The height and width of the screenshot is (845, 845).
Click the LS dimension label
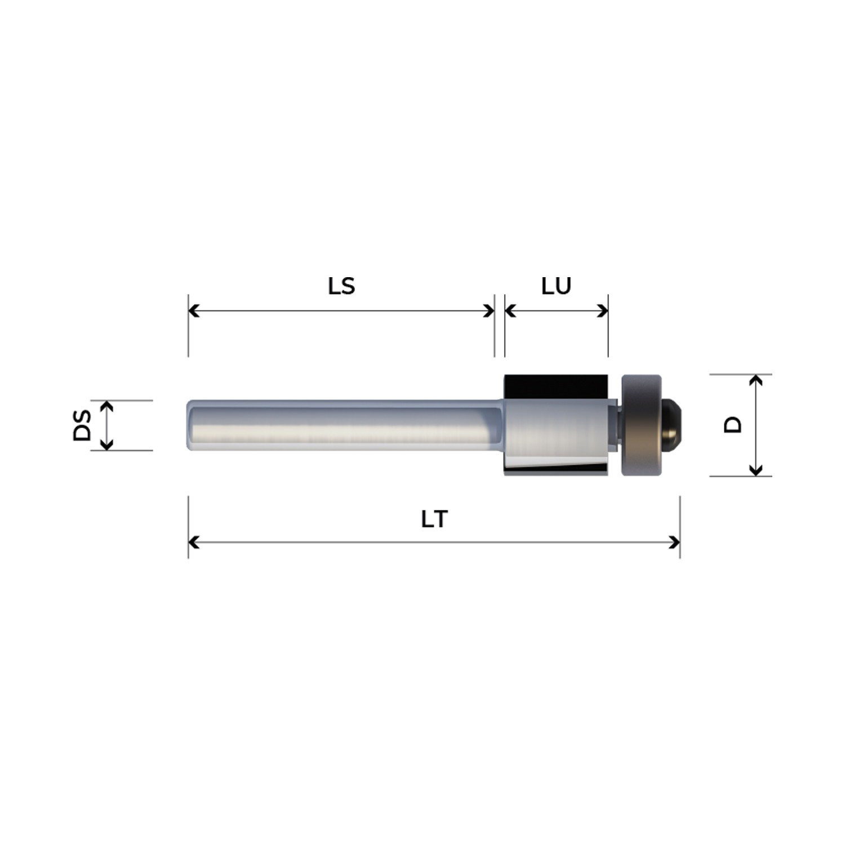tap(341, 286)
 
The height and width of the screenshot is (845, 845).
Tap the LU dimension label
tap(556, 286)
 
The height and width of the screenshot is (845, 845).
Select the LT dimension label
tap(434, 519)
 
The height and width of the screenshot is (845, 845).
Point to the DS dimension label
tap(82, 425)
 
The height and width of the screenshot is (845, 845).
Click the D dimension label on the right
tap(733, 425)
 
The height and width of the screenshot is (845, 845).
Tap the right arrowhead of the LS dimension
tap(489, 310)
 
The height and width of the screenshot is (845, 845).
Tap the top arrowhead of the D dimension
tap(756, 380)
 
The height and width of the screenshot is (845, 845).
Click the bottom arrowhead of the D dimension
tap(756, 470)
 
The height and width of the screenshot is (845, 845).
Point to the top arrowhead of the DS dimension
tap(106, 406)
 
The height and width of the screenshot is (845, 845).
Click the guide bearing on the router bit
tap(641, 425)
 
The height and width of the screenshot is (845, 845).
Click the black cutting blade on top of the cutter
tap(555, 386)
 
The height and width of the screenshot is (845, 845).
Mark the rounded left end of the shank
tap(190, 425)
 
